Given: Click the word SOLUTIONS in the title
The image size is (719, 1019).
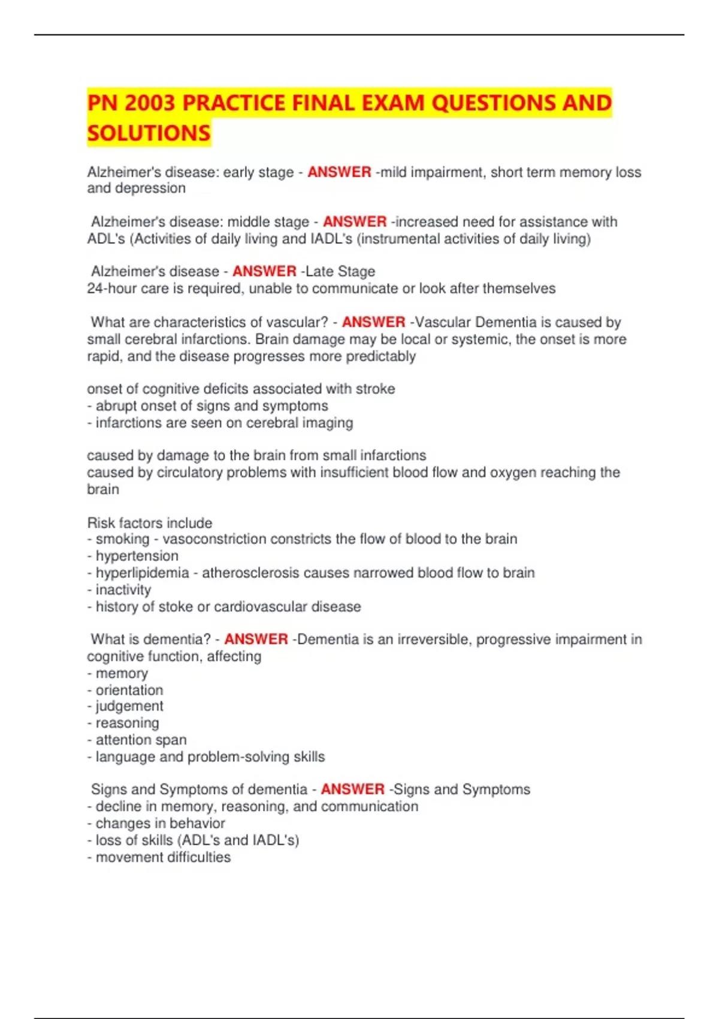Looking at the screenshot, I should tap(149, 133).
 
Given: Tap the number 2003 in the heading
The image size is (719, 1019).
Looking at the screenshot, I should tap(150, 103).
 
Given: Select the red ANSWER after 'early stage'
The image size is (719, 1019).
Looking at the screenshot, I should tap(339, 172).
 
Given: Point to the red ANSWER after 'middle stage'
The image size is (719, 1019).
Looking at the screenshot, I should tap(355, 222).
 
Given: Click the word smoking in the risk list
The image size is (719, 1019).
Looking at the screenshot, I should tap(122, 539).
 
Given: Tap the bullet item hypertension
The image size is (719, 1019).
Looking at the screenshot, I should tap(137, 556).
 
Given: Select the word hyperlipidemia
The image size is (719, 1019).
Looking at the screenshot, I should tap(142, 573).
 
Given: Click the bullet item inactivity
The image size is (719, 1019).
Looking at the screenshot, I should tap(123, 590).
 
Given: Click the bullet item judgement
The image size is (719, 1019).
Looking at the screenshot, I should tap(129, 706).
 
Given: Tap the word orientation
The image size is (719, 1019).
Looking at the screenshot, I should tap(129, 690).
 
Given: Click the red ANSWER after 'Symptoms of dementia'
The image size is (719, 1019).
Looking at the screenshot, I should tap(352, 789).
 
